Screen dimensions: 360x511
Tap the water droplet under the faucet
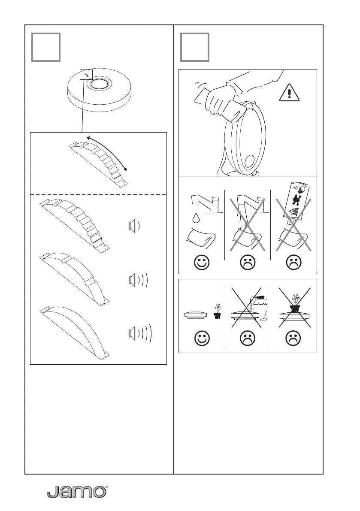click(196, 218)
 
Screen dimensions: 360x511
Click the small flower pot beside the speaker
click(217, 313)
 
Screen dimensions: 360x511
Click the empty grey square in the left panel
click(45, 47)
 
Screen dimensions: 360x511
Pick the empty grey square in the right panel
click(195, 47)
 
